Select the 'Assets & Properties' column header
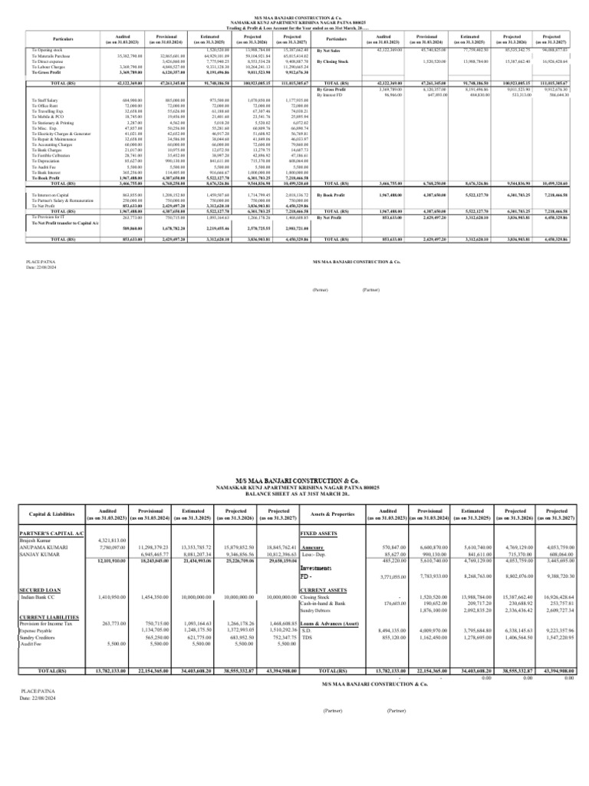(x=336, y=513)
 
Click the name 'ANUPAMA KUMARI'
(x=41, y=544)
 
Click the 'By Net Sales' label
(x=328, y=50)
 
